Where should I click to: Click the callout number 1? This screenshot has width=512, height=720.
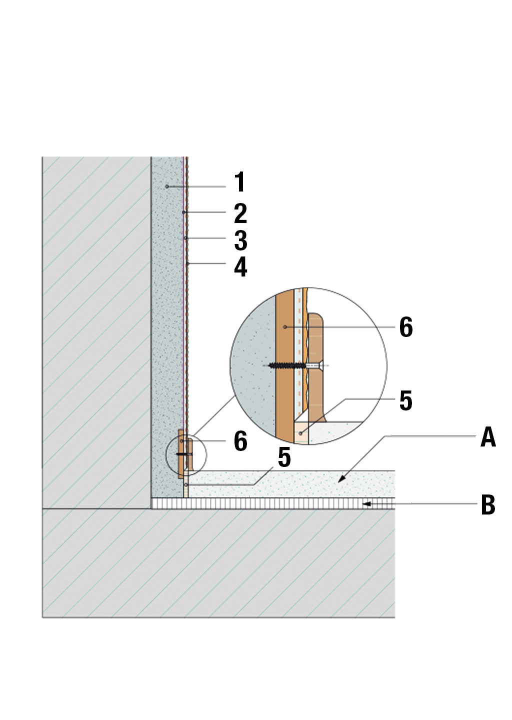click(x=240, y=182)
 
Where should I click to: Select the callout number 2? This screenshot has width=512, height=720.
click(x=240, y=213)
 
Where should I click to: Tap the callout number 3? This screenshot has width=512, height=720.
click(x=240, y=240)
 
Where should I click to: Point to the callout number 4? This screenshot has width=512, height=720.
click(x=240, y=267)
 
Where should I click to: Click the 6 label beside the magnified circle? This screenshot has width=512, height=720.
click(x=405, y=327)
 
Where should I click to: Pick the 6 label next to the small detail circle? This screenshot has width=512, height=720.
click(x=240, y=441)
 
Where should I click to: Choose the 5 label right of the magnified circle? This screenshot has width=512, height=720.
click(x=405, y=401)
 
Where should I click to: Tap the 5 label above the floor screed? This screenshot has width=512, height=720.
click(x=284, y=457)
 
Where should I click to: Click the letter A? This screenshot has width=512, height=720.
click(x=487, y=437)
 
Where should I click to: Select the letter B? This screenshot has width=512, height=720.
click(x=487, y=505)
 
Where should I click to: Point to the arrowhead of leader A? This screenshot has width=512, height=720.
click(x=340, y=481)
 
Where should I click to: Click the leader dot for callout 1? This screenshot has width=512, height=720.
click(x=167, y=186)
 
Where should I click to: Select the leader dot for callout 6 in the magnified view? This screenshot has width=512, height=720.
click(x=285, y=326)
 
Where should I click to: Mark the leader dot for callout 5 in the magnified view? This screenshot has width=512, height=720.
click(x=300, y=433)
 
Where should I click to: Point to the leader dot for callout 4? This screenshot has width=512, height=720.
click(x=187, y=263)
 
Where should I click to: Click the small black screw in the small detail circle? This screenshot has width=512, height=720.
click(x=183, y=454)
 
